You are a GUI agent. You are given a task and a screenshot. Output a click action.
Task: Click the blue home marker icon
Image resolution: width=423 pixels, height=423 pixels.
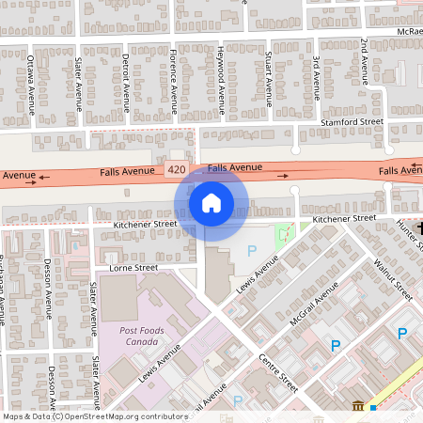pyautogui.click(x=211, y=203)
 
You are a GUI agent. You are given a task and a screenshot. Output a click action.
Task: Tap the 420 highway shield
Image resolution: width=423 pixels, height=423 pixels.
pyautogui.click(x=175, y=170)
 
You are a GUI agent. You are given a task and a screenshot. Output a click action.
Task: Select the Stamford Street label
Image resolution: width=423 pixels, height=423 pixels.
pyautogui.click(x=352, y=122)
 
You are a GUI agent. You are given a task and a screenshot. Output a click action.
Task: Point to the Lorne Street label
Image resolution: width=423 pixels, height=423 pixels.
pyautogui.click(x=134, y=268)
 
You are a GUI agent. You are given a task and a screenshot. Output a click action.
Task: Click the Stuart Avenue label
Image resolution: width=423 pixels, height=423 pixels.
pyautogui.click(x=269, y=82)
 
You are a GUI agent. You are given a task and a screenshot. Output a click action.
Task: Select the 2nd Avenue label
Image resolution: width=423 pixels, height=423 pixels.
pyautogui.click(x=364, y=59)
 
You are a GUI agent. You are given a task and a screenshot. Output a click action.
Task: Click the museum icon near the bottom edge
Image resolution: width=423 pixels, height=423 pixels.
pyautogui.click(x=358, y=406)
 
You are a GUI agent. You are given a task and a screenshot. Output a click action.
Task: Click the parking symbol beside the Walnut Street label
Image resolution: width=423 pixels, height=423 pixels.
pyautogui.click(x=402, y=334)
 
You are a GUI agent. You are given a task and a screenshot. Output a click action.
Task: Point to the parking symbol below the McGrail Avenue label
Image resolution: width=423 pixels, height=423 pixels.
pyautogui.click(x=336, y=347)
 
